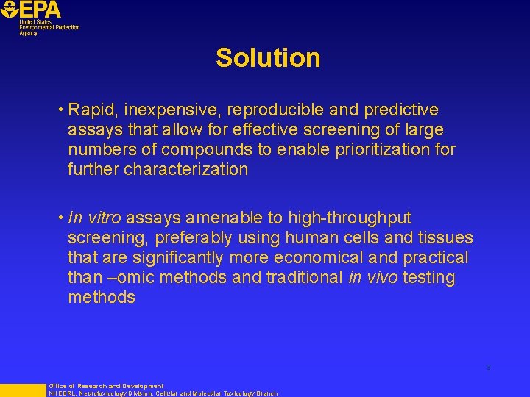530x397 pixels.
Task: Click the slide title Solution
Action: [x=268, y=58]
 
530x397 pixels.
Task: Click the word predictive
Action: [x=401, y=110]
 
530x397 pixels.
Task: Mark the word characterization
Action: [x=185, y=170]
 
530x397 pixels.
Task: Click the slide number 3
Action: [x=487, y=367]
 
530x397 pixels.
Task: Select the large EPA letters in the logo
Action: [x=41, y=10]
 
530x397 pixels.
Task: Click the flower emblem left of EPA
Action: [x=9, y=10]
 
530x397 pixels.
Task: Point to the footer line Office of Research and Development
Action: [x=106, y=385]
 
